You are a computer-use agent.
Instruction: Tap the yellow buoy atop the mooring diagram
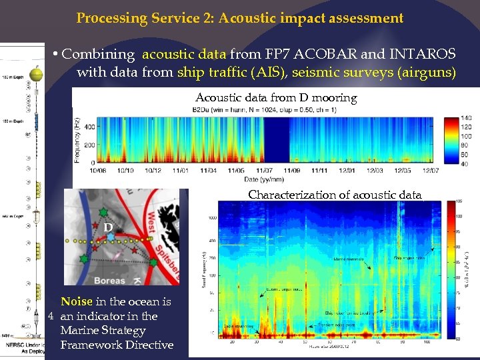(x=38, y=71)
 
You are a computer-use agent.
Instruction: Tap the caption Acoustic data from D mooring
(x=276, y=98)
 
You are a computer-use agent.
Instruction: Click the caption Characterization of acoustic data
(x=335, y=195)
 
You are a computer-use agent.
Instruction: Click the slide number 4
(x=51, y=316)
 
